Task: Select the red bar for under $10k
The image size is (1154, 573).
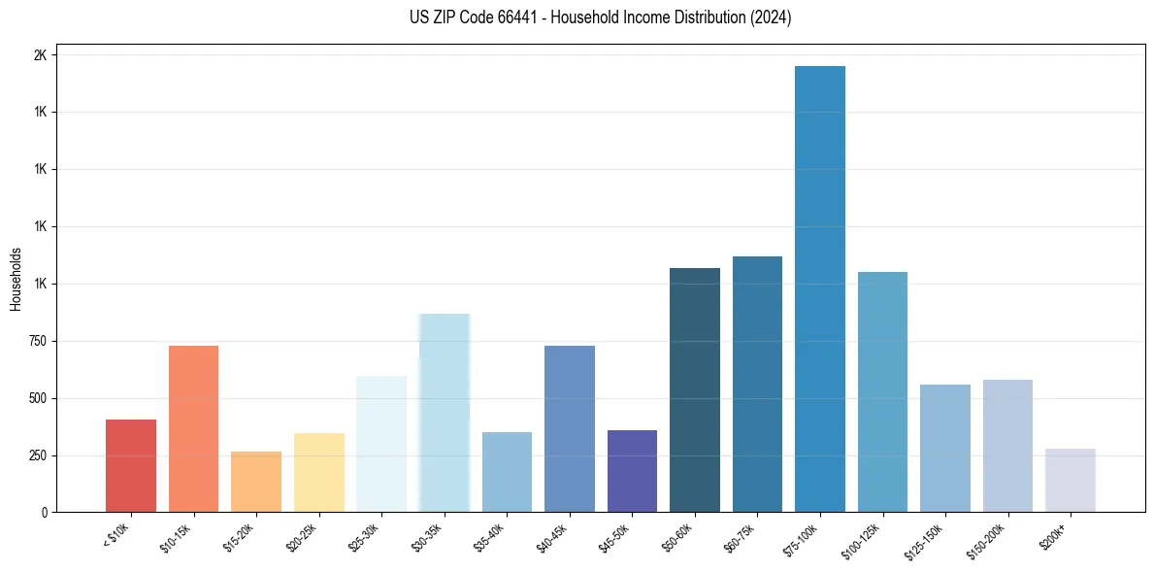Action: tap(131, 465)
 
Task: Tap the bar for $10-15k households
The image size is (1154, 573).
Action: tap(193, 428)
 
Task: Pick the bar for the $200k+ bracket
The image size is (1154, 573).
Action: tap(1070, 480)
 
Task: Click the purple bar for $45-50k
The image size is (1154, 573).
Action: tap(632, 471)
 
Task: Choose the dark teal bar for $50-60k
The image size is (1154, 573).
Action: tap(695, 389)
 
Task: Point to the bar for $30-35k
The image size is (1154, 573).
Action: tap(445, 413)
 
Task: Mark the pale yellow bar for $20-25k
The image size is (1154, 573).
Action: tap(318, 472)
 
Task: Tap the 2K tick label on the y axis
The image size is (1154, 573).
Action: tap(40, 55)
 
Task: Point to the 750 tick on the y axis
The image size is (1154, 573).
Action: tap(37, 341)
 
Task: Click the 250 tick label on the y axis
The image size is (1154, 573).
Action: tap(37, 455)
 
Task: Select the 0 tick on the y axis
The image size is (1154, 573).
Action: tap(45, 513)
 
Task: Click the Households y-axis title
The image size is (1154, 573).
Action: tap(16, 279)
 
